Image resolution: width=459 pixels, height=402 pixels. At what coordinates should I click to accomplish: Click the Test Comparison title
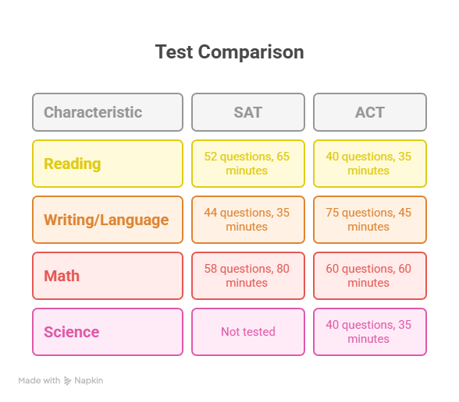229,52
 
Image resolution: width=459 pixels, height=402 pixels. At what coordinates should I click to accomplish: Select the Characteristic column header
108,112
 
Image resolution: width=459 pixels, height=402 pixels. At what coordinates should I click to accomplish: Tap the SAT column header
248,112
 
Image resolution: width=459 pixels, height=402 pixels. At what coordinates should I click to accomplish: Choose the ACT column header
370,112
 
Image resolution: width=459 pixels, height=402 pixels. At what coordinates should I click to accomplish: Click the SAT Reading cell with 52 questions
248,164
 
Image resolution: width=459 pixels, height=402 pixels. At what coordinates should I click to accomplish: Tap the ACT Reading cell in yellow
370,164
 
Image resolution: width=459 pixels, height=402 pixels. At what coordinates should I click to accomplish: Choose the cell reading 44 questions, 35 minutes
248,220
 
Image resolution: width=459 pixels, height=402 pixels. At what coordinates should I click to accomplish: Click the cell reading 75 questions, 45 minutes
370,220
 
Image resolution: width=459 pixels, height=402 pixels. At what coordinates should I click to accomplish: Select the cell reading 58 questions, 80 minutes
248,276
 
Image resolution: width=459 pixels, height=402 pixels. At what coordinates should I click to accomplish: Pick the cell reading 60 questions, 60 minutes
370,276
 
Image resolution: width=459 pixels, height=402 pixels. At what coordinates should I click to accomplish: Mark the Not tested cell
248,332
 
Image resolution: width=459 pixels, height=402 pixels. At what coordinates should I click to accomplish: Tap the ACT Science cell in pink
370,332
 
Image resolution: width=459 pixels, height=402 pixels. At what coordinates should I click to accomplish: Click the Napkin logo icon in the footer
68,381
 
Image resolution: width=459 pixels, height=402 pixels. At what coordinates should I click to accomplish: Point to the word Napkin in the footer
89,381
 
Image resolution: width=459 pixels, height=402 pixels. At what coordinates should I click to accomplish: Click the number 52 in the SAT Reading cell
211,157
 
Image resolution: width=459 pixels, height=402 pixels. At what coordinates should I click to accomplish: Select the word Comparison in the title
251,53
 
